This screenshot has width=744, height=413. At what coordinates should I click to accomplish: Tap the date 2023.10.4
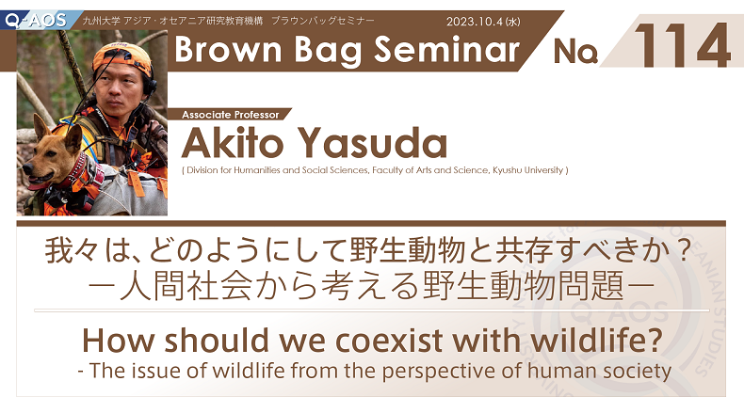click(x=474, y=22)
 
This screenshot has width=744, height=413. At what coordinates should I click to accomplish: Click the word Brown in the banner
click(x=229, y=50)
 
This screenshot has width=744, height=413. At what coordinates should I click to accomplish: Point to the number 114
click(x=682, y=45)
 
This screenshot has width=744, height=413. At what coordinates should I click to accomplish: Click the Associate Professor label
click(x=231, y=115)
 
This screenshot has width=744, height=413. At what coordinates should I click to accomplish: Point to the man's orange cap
click(x=123, y=56)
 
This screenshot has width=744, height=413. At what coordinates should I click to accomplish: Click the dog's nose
click(x=26, y=168)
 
